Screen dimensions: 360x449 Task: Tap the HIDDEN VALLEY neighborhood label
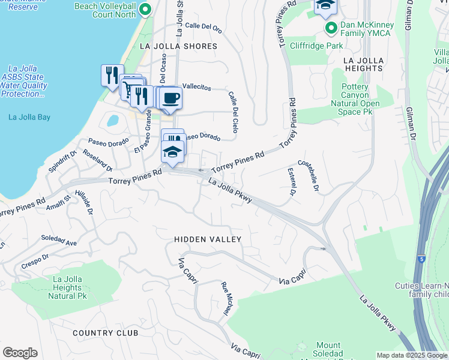pyautogui.click(x=208, y=239)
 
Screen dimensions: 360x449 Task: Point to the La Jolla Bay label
pyautogui.click(x=29, y=117)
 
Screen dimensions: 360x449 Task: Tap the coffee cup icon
pyautogui.click(x=171, y=97)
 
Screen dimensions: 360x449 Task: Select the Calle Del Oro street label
pyautogui.click(x=203, y=26)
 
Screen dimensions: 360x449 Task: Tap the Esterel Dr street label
pyautogui.click(x=292, y=182)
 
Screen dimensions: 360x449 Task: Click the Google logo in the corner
pyautogui.click(x=20, y=353)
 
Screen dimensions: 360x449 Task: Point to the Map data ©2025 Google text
pyautogui.click(x=412, y=355)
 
